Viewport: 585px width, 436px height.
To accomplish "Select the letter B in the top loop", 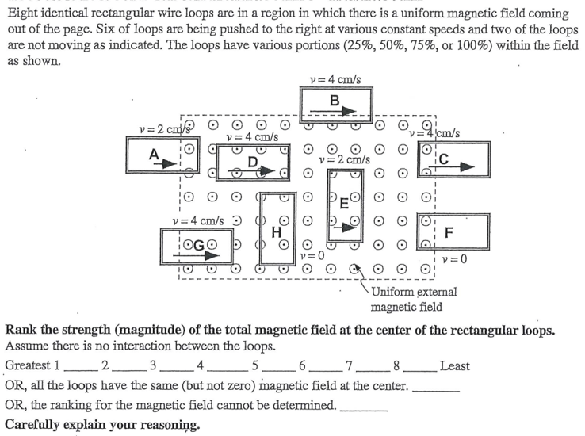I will (x=335, y=100).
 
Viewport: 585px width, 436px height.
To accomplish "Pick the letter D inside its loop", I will (x=253, y=162).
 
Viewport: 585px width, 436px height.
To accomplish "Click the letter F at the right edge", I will (x=450, y=232).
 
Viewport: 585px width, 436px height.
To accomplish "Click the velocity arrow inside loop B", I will (x=342, y=111).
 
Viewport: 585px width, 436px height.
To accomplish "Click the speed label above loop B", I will (x=335, y=79).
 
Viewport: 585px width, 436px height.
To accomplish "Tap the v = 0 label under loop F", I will (x=454, y=258).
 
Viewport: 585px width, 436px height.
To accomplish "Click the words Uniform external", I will (x=413, y=292).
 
